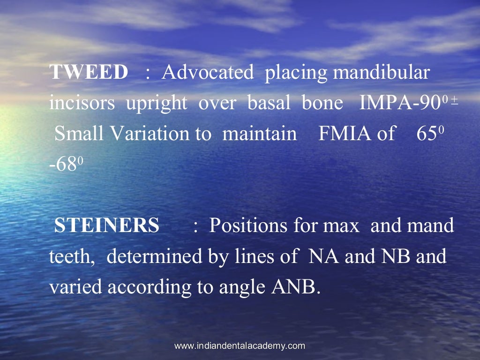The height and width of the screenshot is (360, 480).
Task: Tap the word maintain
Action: click(x=260, y=134)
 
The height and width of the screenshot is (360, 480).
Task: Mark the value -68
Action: click(x=63, y=164)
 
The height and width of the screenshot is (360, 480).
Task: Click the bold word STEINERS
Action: click(x=107, y=225)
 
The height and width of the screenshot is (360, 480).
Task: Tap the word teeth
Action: click(x=73, y=256)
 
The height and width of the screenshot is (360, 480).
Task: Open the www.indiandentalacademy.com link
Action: click(x=240, y=346)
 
